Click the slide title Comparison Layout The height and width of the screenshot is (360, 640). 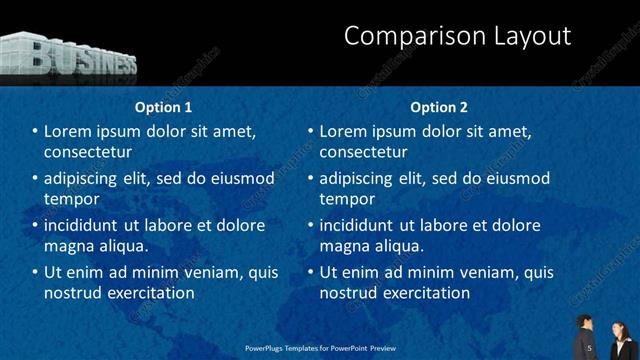click(x=457, y=37)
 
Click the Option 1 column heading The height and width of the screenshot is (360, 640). click(x=163, y=107)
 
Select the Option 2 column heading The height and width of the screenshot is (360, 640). click(x=438, y=107)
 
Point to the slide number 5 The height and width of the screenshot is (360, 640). click(x=590, y=347)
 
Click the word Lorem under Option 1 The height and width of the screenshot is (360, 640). click(x=69, y=131)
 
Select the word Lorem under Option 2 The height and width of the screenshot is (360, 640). click(x=344, y=131)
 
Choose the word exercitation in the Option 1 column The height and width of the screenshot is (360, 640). click(x=148, y=293)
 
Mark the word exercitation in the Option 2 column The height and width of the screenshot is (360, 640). click(x=423, y=293)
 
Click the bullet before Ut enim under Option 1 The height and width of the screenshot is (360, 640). click(x=35, y=272)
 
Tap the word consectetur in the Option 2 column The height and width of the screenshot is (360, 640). click(x=363, y=152)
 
